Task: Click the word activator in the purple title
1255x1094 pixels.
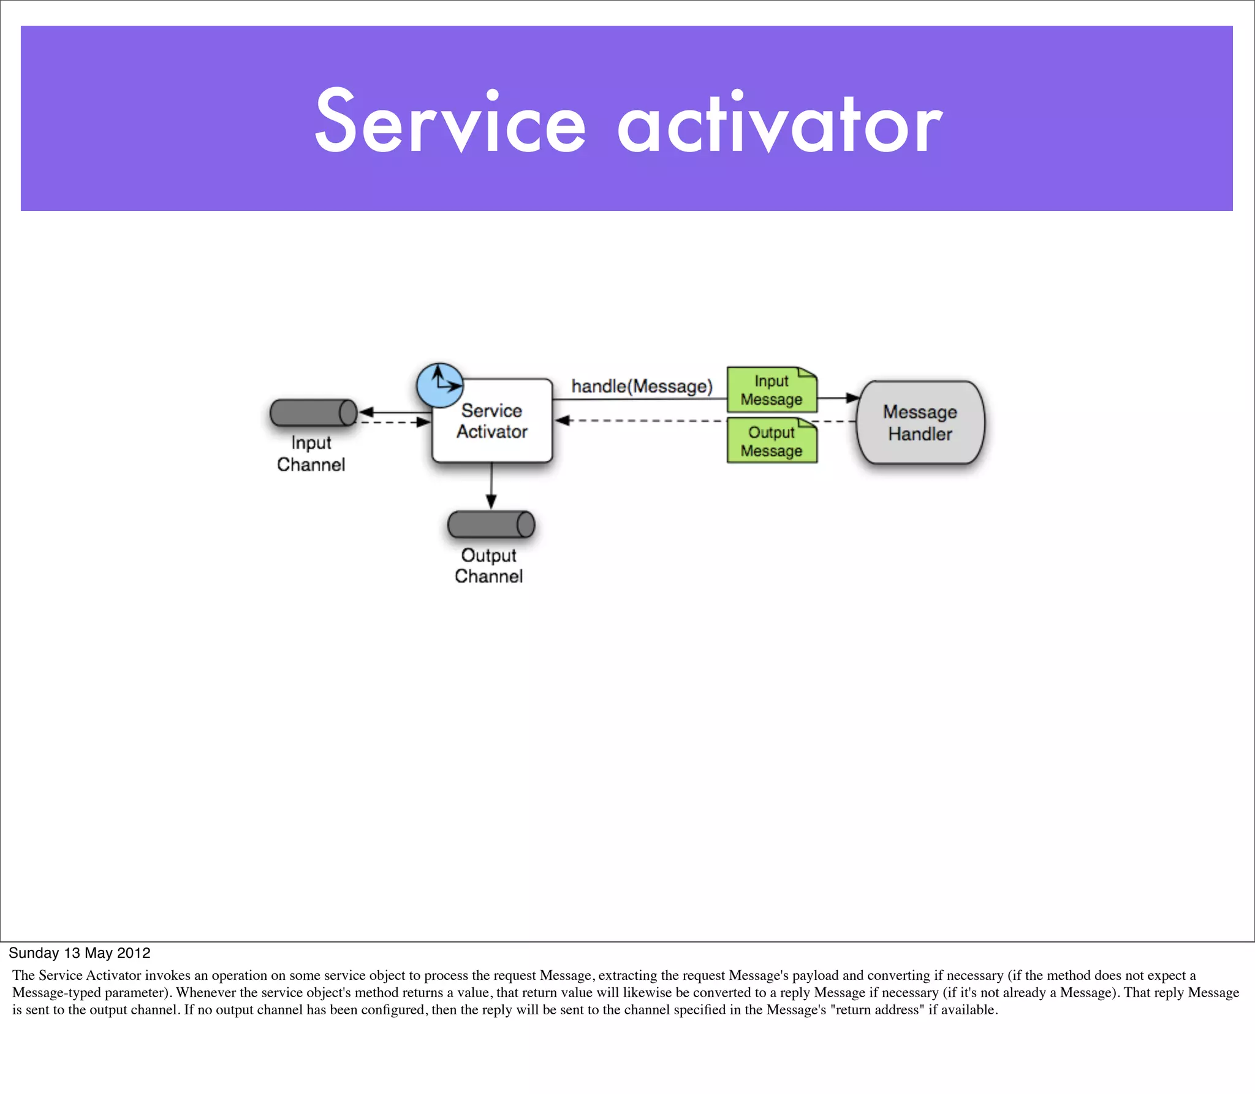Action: [x=779, y=121]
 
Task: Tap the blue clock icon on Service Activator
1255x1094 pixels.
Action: [x=440, y=385]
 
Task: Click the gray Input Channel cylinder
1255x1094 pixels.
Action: [x=313, y=413]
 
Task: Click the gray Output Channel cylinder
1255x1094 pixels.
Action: [x=491, y=524]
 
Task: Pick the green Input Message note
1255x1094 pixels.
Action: [x=772, y=390]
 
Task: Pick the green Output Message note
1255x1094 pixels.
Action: [x=772, y=442]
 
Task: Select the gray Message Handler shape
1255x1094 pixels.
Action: [x=920, y=423]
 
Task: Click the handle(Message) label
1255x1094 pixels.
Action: [x=642, y=386]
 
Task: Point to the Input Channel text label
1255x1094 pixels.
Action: [x=311, y=453]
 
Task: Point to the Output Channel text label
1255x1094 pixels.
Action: [x=488, y=565]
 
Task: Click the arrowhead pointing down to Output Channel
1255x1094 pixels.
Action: [x=491, y=502]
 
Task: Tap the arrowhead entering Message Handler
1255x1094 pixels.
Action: [x=852, y=398]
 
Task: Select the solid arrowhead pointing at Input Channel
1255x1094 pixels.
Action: [x=366, y=412]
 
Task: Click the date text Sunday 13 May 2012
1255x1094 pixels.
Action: [x=80, y=952]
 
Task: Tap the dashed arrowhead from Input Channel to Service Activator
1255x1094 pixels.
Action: [x=423, y=422]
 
